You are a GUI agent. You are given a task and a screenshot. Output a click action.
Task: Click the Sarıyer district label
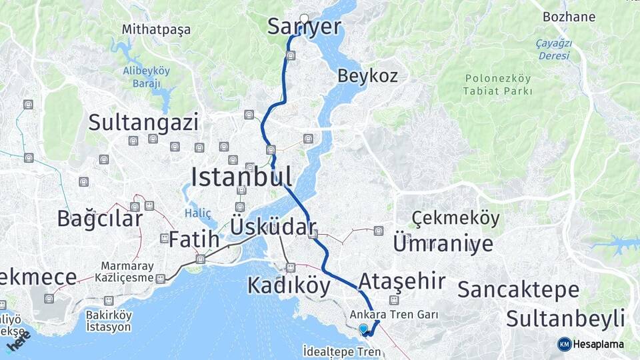click(x=304, y=27)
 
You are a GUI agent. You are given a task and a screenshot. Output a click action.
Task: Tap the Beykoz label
click(x=367, y=75)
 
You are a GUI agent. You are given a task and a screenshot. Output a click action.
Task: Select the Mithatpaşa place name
click(x=156, y=29)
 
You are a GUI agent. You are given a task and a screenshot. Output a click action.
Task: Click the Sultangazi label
click(x=143, y=122)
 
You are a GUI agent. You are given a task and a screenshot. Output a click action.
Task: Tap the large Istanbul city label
click(x=241, y=177)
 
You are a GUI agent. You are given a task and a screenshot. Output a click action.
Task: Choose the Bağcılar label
click(x=100, y=218)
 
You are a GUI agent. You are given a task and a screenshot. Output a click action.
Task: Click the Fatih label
click(x=194, y=239)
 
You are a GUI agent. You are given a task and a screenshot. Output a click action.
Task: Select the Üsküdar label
click(x=272, y=226)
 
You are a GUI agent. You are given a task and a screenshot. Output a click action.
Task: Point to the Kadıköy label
click(x=289, y=285)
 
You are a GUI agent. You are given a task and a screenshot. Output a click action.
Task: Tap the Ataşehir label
click(x=401, y=281)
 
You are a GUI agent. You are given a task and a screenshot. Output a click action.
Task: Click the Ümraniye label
click(x=443, y=243)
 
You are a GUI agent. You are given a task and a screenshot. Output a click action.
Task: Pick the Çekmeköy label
click(x=455, y=218)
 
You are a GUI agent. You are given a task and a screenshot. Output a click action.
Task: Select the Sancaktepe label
click(x=518, y=289)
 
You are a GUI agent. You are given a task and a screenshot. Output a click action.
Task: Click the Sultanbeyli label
click(x=565, y=318)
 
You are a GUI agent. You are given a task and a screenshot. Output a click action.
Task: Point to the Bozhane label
click(x=569, y=17)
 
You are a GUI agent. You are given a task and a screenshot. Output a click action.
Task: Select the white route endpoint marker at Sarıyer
click(x=305, y=19)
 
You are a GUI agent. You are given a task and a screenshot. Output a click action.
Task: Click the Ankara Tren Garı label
click(x=394, y=314)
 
